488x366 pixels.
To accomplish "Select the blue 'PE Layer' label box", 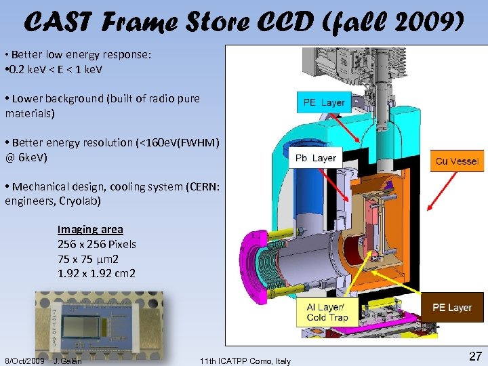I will pyautogui.click(x=324, y=102).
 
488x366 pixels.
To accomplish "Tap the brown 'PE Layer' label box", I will pyautogui.click(x=452, y=308).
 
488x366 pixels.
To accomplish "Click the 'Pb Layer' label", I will pyautogui.click(x=315, y=158).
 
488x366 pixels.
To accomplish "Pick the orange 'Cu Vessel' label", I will pyautogui.click(x=457, y=161).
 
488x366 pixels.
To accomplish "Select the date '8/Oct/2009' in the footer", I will pyautogui.click(x=24, y=361).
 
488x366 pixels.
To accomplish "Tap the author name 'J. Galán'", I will pyautogui.click(x=67, y=361).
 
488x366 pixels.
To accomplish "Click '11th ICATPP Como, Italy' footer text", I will pyautogui.click(x=245, y=361).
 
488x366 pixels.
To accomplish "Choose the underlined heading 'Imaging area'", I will pyautogui.click(x=90, y=230).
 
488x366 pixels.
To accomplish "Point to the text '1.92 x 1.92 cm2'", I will pyautogui.click(x=96, y=273).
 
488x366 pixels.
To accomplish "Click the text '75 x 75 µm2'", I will pyautogui.click(x=89, y=259).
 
